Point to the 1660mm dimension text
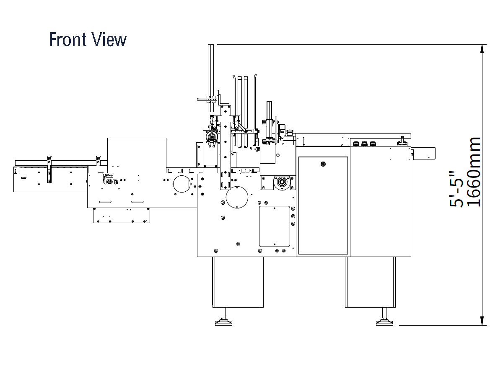click(x=474, y=172)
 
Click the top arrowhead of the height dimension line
click(x=483, y=48)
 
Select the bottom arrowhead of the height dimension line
click(x=483, y=321)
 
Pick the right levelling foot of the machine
click(x=384, y=321)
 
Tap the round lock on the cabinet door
click(x=323, y=164)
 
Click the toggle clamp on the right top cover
click(x=403, y=141)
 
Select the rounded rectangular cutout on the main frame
click(x=275, y=226)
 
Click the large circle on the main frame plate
click(x=238, y=197)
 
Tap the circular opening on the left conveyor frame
click(x=181, y=184)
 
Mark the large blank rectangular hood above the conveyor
click(x=137, y=155)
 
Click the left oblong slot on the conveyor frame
click(x=105, y=202)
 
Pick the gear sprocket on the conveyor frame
click(x=109, y=182)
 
